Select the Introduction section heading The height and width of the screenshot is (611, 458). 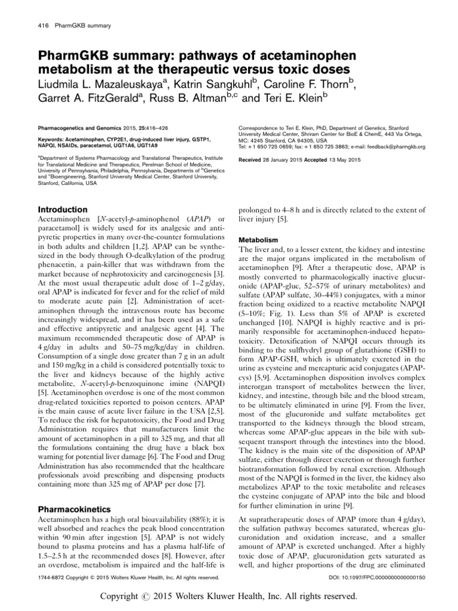63,210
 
